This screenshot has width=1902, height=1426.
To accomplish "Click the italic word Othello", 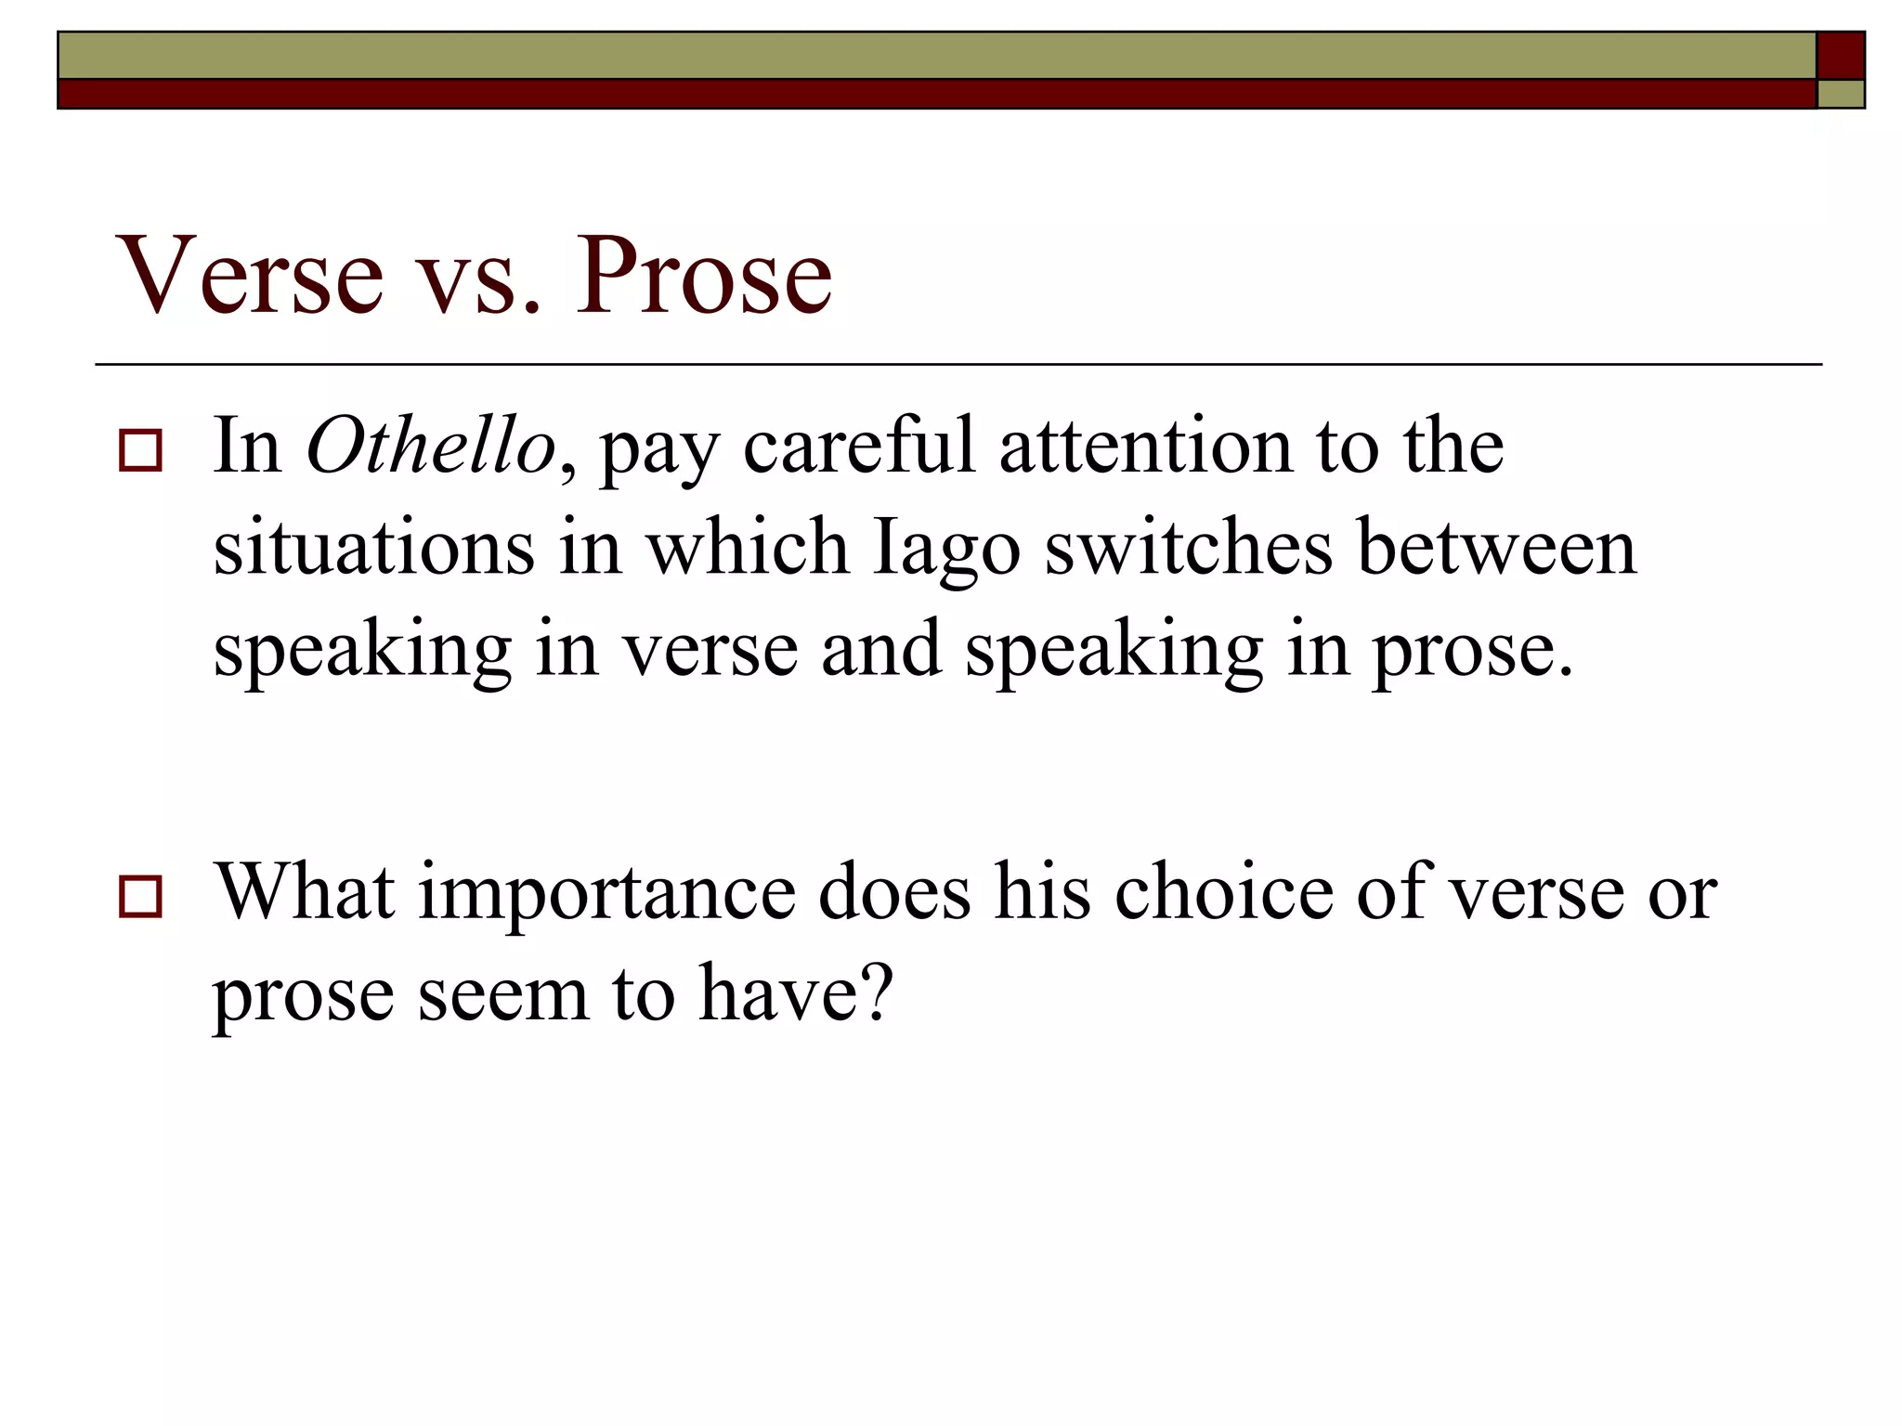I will (x=431, y=447).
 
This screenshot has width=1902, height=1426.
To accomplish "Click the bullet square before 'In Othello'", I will (x=140, y=452).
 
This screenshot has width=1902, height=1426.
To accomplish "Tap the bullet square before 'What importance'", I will (x=140, y=897).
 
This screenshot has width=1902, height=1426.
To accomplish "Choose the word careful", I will (x=859, y=447).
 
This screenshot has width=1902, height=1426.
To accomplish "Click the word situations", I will (x=374, y=548).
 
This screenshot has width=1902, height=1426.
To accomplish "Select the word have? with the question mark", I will (x=796, y=993).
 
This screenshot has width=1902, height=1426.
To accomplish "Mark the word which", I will (x=748, y=548).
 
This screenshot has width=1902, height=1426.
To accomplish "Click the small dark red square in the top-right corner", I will (x=1840, y=56).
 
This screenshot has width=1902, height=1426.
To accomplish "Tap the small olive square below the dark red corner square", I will (x=1840, y=95).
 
